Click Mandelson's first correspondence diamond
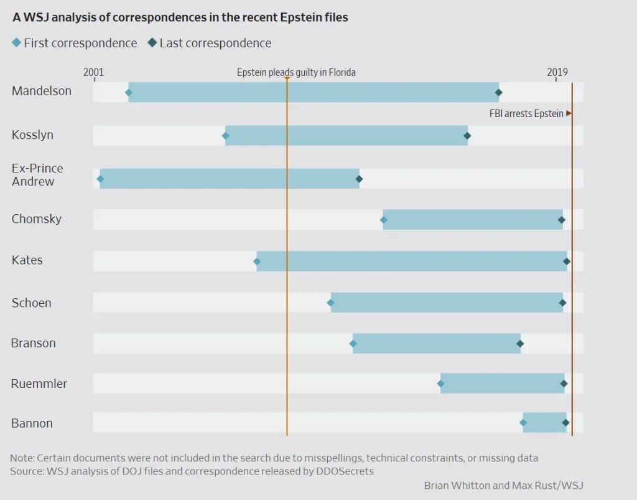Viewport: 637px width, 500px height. tap(129, 93)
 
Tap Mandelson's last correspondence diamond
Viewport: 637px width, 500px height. tap(498, 93)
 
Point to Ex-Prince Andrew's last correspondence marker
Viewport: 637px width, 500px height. tap(359, 179)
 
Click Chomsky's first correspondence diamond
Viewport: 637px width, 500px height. tap(383, 220)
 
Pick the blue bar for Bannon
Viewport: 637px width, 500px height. tap(544, 423)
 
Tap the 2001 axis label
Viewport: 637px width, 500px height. tap(93, 72)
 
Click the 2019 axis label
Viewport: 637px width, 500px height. tap(557, 72)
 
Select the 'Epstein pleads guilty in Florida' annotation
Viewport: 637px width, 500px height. tap(296, 72)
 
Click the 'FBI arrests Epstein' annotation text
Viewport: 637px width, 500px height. tap(526, 113)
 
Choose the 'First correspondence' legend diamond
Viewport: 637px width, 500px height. tap(16, 43)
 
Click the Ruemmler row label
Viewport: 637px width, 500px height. tap(39, 384)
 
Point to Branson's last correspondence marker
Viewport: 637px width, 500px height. tap(520, 344)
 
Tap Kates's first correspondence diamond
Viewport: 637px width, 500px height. tap(257, 261)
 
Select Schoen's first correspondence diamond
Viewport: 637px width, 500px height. tap(330, 303)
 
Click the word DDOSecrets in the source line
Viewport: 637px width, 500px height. tap(346, 471)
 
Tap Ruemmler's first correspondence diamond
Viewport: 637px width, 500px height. tap(440, 384)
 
